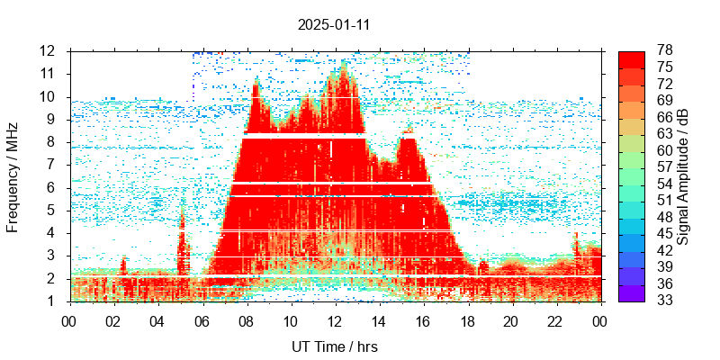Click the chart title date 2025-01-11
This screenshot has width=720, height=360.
point(334,25)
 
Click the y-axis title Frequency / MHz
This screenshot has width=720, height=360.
point(13,175)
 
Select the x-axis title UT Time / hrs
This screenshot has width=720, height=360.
point(334,346)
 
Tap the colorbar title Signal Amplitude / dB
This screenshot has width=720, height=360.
point(684,175)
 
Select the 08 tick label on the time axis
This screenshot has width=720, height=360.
point(246,320)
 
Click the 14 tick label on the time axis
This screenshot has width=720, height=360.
point(378,320)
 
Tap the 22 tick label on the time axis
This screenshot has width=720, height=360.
point(555,320)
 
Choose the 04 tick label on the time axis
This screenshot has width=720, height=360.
point(157,320)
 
